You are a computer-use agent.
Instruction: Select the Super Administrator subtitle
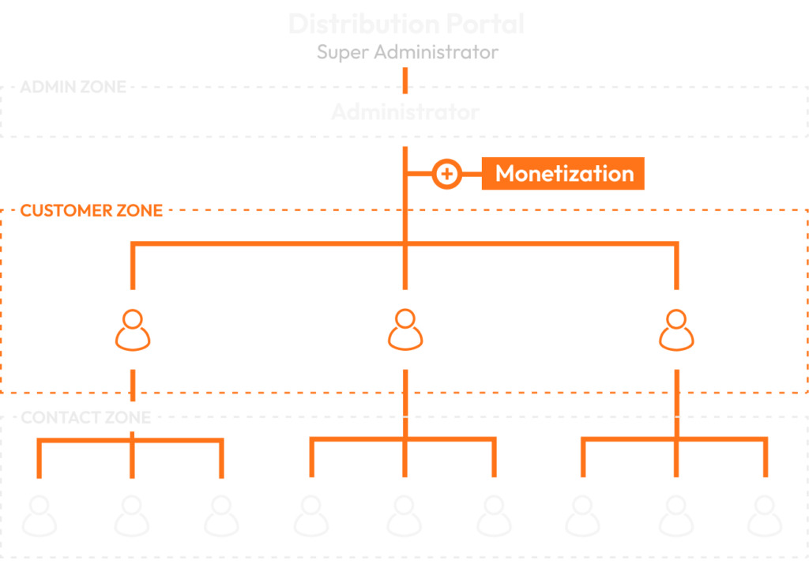click(x=408, y=53)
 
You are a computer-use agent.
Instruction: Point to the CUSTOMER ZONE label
click(x=92, y=211)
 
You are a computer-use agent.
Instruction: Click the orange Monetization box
click(x=563, y=174)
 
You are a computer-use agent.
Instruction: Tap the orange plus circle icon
click(x=447, y=174)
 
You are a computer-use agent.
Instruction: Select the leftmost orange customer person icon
click(x=133, y=330)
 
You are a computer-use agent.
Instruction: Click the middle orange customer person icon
click(x=404, y=330)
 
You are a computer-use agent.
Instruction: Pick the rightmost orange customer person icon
click(x=676, y=330)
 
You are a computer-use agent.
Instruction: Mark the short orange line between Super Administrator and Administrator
click(x=405, y=80)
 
